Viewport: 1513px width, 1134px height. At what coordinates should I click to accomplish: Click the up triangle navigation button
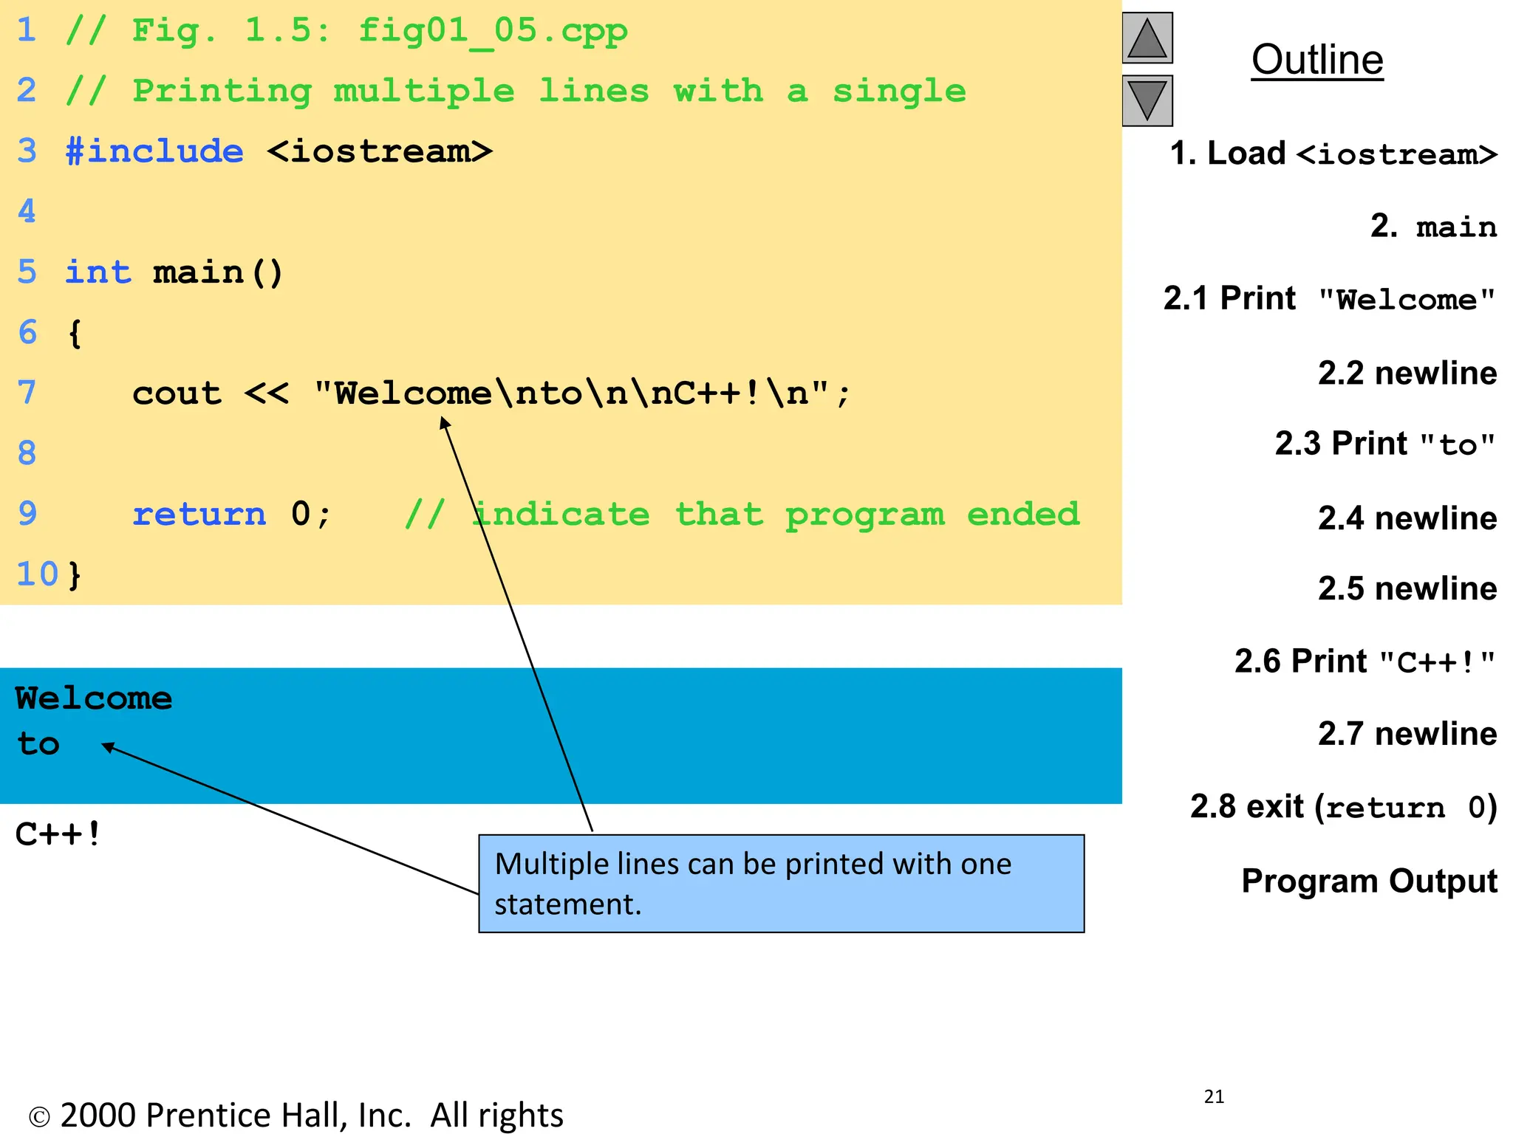pyautogui.click(x=1147, y=38)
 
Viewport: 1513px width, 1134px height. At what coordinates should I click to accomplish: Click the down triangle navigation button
pyautogui.click(x=1147, y=100)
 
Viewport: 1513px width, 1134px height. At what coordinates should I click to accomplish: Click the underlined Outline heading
pyautogui.click(x=1317, y=60)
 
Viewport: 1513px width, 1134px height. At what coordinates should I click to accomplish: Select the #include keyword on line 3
pyautogui.click(x=154, y=151)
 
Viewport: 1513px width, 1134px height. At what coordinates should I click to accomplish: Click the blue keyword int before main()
pyautogui.click(x=98, y=272)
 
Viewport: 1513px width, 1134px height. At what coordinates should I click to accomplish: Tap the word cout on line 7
pyautogui.click(x=177, y=394)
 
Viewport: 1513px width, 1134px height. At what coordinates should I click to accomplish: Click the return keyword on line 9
pyautogui.click(x=199, y=515)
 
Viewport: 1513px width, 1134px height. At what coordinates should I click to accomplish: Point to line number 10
pyautogui.click(x=37, y=574)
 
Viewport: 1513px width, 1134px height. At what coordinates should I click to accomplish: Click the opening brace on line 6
pyautogui.click(x=75, y=334)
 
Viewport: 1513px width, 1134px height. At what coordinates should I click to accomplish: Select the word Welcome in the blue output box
pyautogui.click(x=94, y=698)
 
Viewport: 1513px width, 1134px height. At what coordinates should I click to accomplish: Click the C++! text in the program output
pyautogui.click(x=58, y=835)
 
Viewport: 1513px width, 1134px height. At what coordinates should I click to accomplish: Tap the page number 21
pyautogui.click(x=1214, y=1097)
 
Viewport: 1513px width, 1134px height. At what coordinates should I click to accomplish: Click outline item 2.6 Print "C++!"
pyautogui.click(x=1365, y=661)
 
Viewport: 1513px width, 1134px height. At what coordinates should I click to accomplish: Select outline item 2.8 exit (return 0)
pyautogui.click(x=1343, y=807)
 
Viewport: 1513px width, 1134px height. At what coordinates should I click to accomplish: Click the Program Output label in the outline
pyautogui.click(x=1369, y=881)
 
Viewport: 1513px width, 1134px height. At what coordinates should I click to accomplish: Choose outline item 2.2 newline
pyautogui.click(x=1407, y=374)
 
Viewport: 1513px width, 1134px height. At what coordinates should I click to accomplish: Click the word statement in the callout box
pyautogui.click(x=567, y=904)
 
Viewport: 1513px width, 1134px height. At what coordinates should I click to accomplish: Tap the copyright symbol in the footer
pyautogui.click(x=38, y=1117)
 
